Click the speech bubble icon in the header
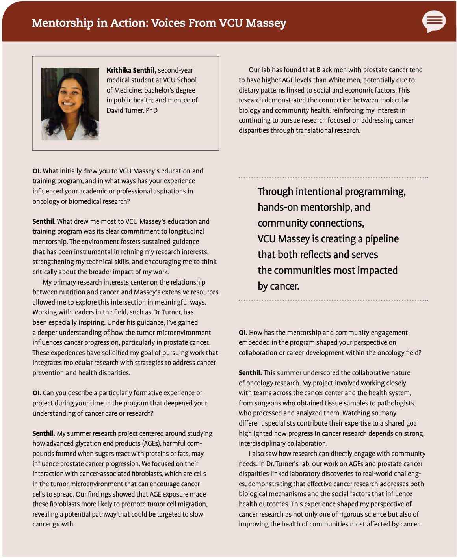434,21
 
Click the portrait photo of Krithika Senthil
70,104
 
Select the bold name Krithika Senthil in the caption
131,70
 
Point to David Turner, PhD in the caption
132,110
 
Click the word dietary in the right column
250,90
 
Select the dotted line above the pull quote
333,178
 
